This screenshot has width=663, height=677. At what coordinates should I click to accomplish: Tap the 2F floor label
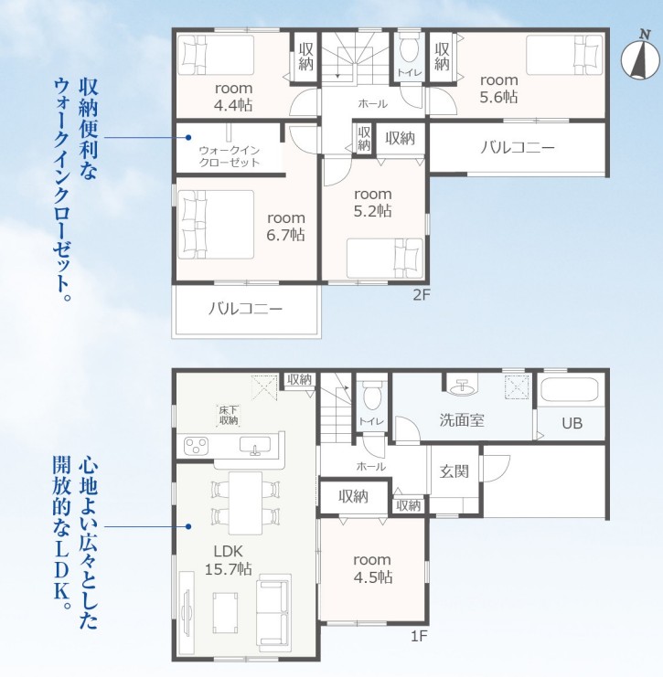[422, 294]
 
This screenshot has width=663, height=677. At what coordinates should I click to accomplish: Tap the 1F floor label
[418, 636]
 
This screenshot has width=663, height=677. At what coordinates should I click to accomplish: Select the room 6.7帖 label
[285, 227]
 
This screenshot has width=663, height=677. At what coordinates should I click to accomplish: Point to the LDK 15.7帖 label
[229, 559]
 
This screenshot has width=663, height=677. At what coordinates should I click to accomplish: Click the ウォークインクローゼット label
[229, 156]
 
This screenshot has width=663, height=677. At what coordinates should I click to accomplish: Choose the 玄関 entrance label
[454, 471]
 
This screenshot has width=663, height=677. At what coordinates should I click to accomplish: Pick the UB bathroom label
[572, 423]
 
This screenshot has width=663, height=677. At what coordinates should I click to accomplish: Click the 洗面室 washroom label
[462, 420]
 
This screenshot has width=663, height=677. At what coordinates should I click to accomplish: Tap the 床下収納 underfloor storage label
[229, 416]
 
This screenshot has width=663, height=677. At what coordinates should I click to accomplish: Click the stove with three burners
[196, 446]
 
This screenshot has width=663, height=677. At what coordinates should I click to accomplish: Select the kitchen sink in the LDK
[255, 446]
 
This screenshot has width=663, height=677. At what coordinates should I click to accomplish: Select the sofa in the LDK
[273, 613]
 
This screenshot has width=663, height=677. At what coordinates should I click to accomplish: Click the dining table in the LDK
[245, 503]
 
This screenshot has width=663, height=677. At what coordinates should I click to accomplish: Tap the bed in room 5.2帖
[385, 259]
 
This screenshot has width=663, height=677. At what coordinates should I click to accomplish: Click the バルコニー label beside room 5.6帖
[518, 148]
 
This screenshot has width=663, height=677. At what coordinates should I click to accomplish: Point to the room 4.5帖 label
[372, 568]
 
